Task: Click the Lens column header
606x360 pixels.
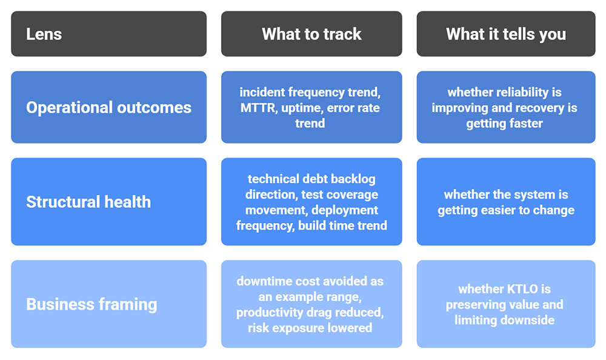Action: (44, 34)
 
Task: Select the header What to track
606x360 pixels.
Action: (311, 34)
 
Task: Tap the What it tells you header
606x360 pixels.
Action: (505, 34)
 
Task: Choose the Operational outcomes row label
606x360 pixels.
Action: (108, 108)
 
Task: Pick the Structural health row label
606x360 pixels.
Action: (88, 202)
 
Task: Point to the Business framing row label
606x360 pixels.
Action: (92, 304)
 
